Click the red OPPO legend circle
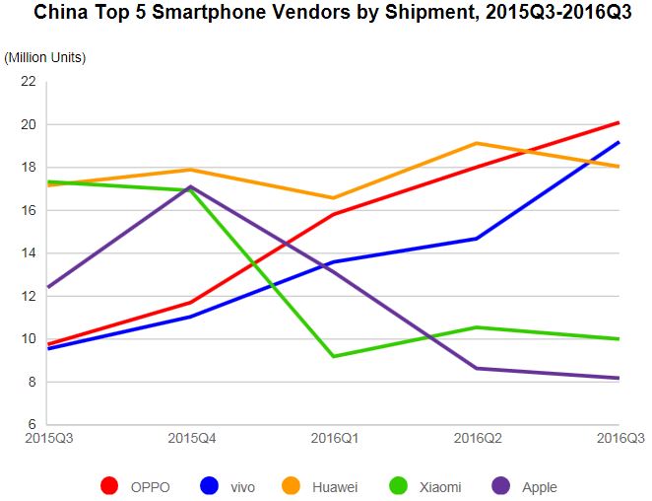[109, 485]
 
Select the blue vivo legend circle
[208, 485]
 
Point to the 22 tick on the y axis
[28, 82]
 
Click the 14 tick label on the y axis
[28, 253]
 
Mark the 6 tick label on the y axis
[32, 425]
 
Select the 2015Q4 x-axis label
[191, 438]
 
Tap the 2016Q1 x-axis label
[334, 438]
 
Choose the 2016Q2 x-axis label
[477, 438]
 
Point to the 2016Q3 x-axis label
[619, 438]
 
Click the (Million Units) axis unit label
[45, 57]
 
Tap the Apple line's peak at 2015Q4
[191, 186]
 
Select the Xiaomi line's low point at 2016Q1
[334, 356]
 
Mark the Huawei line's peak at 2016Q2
[477, 143]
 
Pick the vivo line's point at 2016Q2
[477, 239]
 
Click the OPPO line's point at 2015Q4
[191, 302]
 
